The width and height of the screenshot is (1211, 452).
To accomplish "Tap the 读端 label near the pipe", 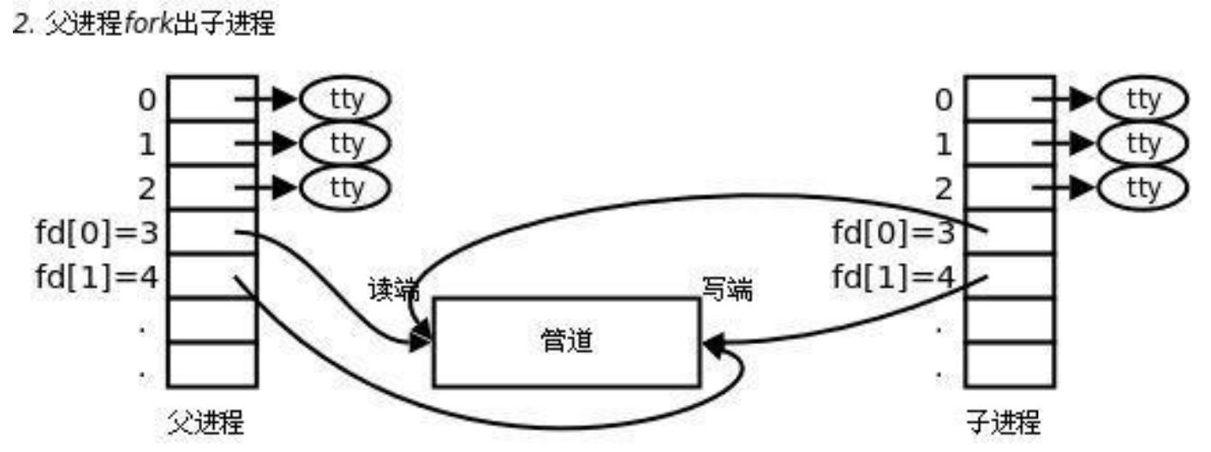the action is (x=395, y=290).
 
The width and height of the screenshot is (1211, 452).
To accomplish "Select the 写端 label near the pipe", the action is (x=727, y=290).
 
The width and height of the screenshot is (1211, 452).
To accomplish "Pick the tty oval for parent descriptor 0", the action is (x=345, y=100).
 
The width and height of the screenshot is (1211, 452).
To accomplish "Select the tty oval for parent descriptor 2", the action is (x=345, y=187).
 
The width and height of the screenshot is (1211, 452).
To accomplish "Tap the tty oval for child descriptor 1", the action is (x=1142, y=144).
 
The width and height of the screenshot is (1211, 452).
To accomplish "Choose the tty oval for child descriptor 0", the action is (x=1142, y=100).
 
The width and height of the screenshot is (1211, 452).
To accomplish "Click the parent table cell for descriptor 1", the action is (x=212, y=143).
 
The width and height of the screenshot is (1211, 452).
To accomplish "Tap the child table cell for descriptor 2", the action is (x=1009, y=187).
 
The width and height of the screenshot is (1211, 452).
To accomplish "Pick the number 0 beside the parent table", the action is (x=146, y=100).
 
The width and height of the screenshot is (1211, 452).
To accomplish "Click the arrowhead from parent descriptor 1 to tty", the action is (x=285, y=144).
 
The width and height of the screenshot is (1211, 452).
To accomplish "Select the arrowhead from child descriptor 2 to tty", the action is (x=1083, y=187).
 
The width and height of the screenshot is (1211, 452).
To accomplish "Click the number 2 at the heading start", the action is (x=18, y=25).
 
